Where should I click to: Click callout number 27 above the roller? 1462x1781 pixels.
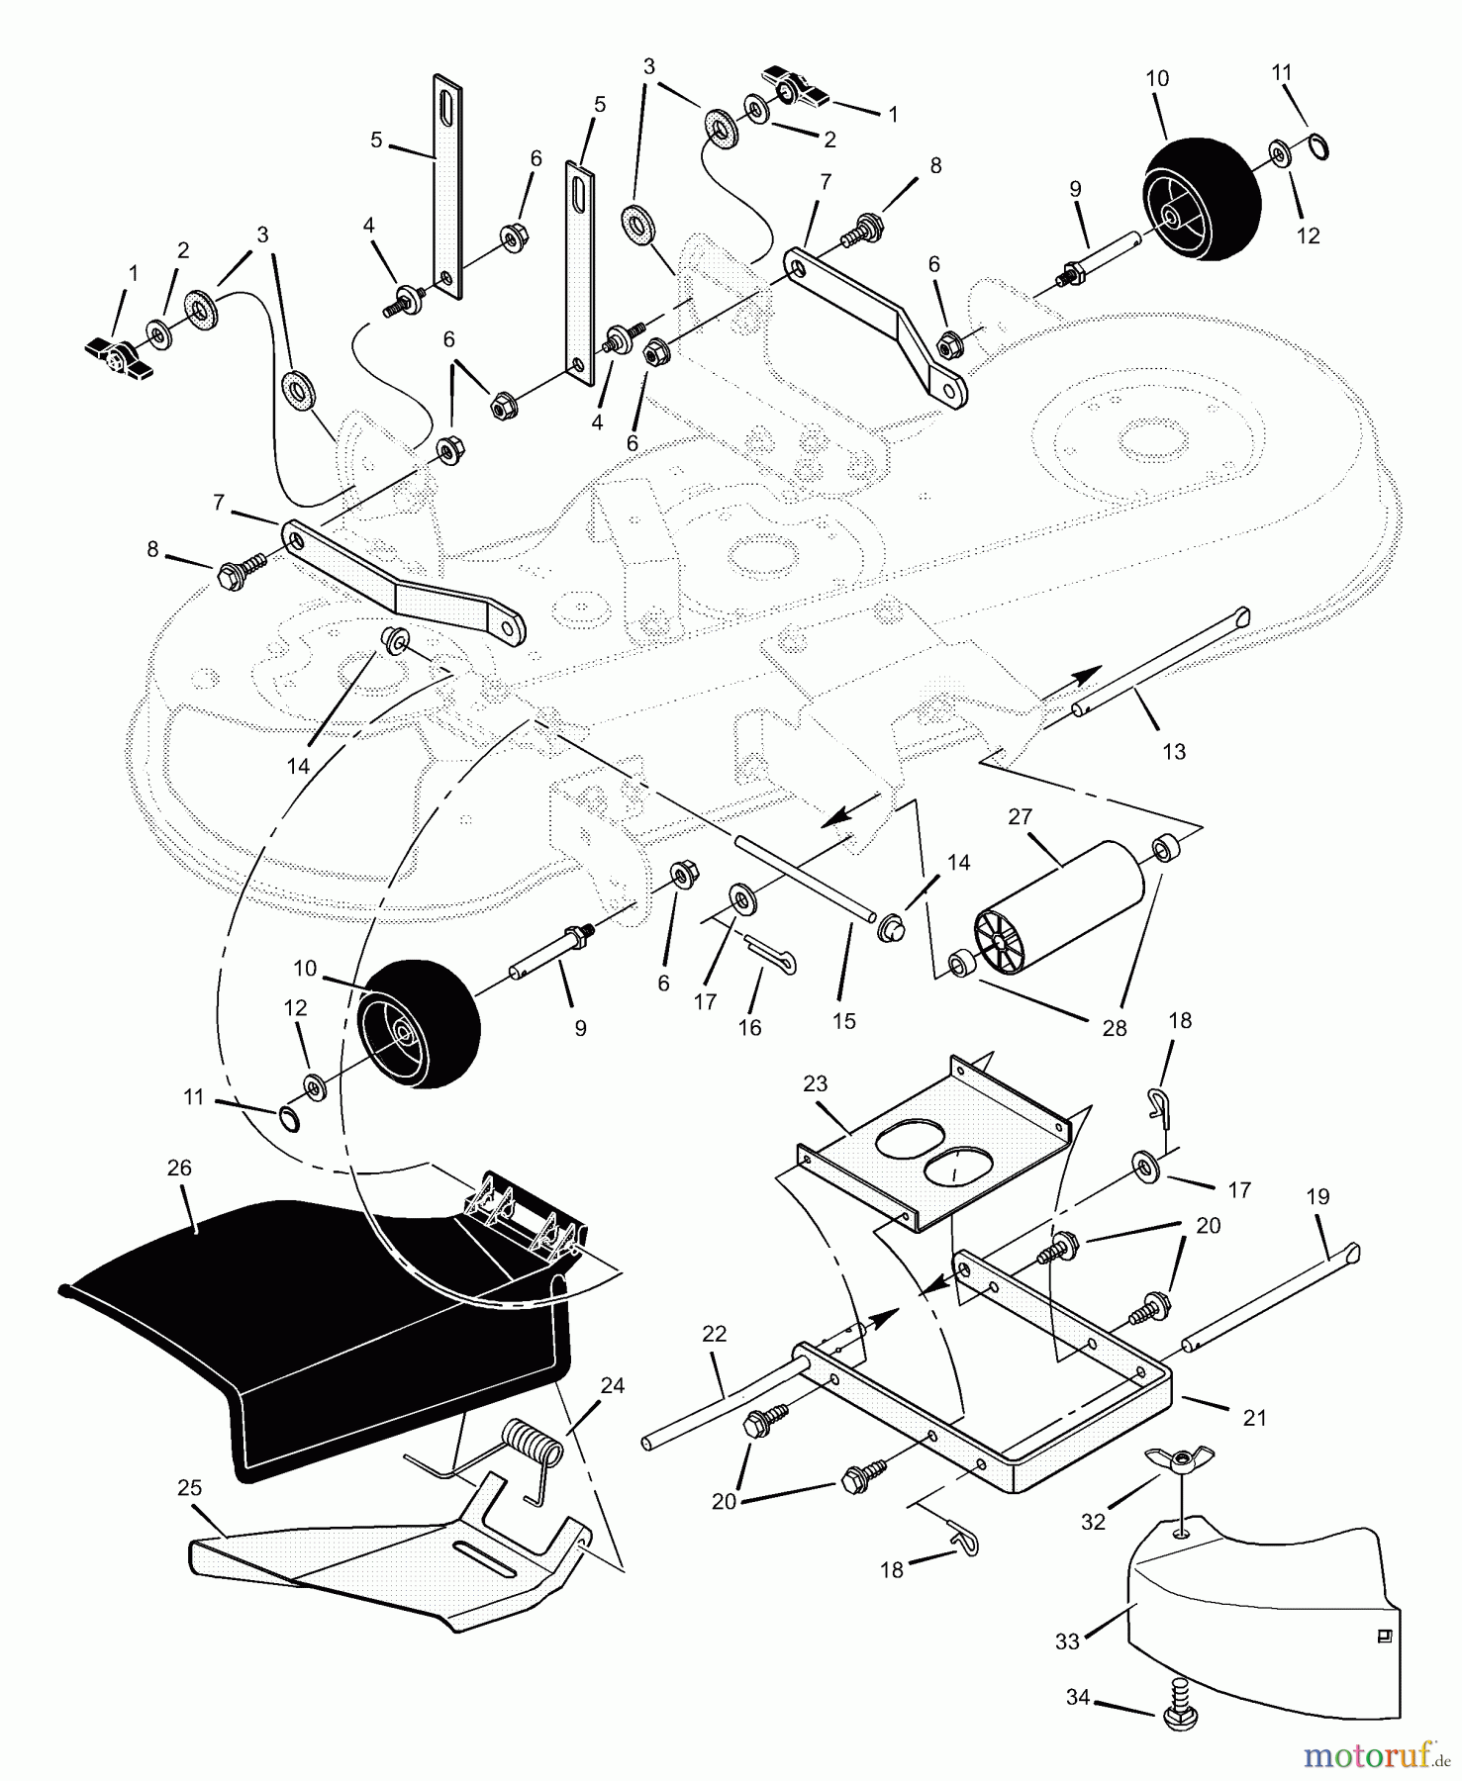coord(1020,816)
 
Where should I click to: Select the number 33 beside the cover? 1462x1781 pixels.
coord(1067,1641)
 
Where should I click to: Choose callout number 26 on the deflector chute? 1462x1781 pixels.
coord(179,1168)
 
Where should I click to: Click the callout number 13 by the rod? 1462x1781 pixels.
coord(1173,752)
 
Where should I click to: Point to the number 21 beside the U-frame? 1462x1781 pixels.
coord(1254,1418)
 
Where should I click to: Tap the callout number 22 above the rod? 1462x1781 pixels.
coord(714,1334)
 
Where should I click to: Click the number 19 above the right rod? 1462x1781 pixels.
coord(1317,1196)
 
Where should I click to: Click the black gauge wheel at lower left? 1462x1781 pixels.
coord(420,1023)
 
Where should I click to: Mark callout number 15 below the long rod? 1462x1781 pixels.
coord(843,1020)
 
